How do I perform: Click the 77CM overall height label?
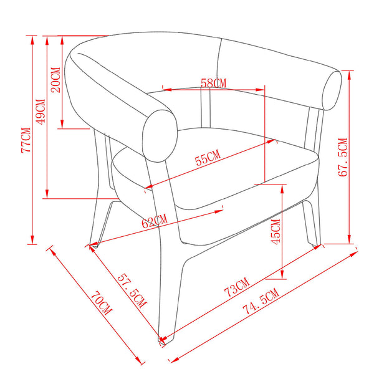coord(26,140)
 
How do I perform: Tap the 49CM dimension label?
coord(41,112)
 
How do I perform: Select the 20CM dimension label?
coord(55,80)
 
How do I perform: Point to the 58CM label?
coord(213,84)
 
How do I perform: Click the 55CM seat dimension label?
coord(208,157)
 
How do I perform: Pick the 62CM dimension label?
coord(155,221)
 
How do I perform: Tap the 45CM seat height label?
coord(276,232)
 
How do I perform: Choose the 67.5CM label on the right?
coord(343,157)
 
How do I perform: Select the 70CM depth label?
coord(101,303)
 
